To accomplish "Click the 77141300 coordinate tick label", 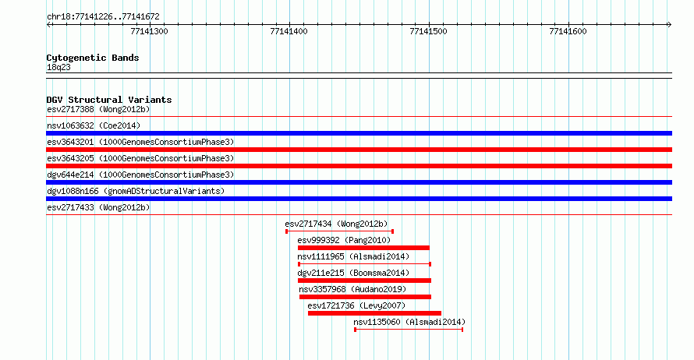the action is [x=149, y=31].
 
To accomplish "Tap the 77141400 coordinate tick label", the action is [x=289, y=31].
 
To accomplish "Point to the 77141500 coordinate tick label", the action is [x=428, y=31].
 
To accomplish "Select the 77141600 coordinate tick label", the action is [x=568, y=31].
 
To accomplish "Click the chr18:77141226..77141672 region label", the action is [x=103, y=17].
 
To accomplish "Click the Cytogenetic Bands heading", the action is [x=93, y=58].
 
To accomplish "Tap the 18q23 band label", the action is [x=58, y=67].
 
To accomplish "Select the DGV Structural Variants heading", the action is [x=109, y=100].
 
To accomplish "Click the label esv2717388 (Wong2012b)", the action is [x=98, y=109].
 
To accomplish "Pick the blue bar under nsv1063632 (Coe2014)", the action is [x=359, y=133].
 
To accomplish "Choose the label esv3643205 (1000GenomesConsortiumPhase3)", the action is [x=140, y=158].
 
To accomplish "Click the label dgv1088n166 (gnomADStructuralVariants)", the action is [x=136, y=191].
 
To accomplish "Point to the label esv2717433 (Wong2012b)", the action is [x=98, y=207].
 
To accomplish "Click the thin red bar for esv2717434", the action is [x=339, y=231].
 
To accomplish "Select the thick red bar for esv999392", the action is [x=363, y=248].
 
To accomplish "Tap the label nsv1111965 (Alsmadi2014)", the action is [x=353, y=256].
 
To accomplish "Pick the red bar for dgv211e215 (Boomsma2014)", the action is [x=364, y=281].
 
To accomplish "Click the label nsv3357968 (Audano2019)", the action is [x=352, y=289].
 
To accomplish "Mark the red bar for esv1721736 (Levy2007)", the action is [x=374, y=313].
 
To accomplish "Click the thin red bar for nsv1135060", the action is [x=409, y=330].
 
